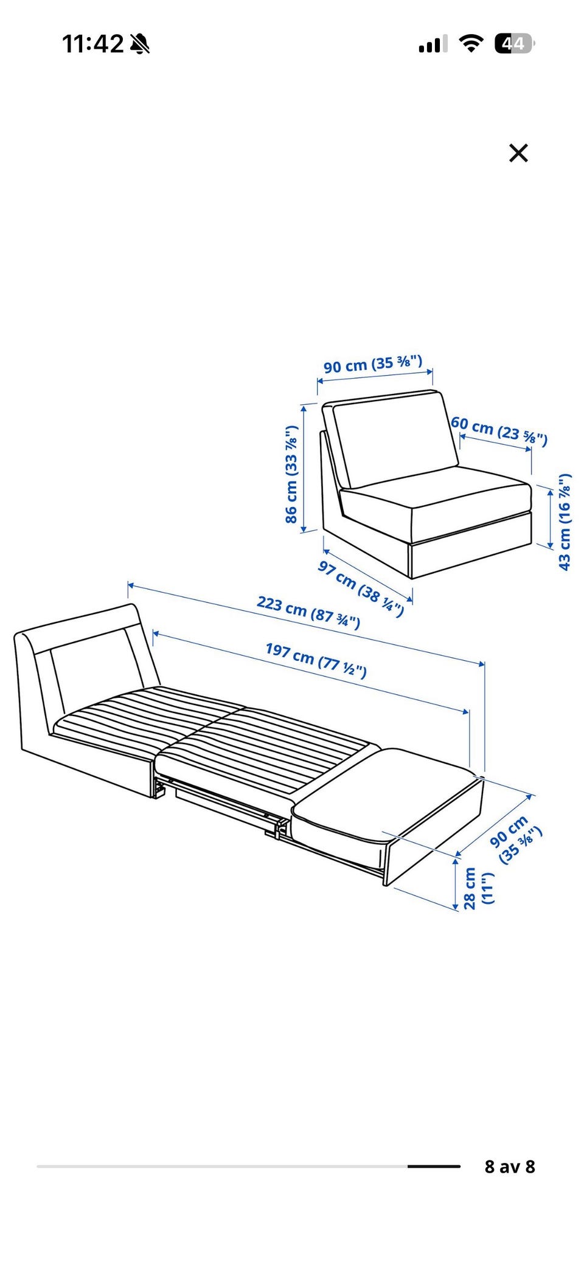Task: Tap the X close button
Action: [x=518, y=153]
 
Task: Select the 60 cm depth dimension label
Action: [x=499, y=430]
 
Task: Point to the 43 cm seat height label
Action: [x=565, y=522]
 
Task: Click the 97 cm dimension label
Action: [x=361, y=588]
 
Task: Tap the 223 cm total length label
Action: [x=308, y=612]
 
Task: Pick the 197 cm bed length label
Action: [x=316, y=659]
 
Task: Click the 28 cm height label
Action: [x=478, y=888]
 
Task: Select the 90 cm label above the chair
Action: [x=372, y=364]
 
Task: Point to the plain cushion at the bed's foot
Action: [x=387, y=793]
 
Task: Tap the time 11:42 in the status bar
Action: [x=93, y=44]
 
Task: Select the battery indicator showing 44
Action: [x=514, y=44]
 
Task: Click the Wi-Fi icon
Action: [x=471, y=44]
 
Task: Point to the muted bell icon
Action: [x=140, y=44]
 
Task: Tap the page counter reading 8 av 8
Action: [x=510, y=1167]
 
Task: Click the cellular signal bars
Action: [x=433, y=44]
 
